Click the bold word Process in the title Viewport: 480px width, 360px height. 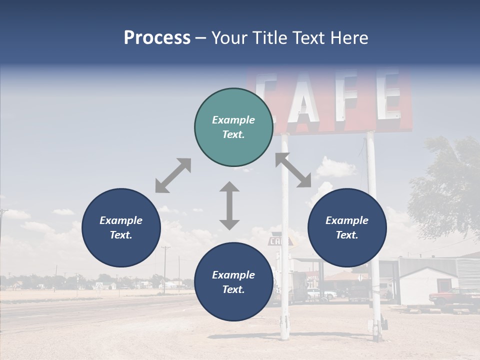tap(157, 38)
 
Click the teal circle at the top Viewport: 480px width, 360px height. tap(233, 127)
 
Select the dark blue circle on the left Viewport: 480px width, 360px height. tap(121, 227)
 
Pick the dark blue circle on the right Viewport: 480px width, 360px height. tap(347, 227)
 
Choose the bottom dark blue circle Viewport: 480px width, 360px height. tap(233, 282)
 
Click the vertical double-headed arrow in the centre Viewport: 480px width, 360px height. tap(229, 205)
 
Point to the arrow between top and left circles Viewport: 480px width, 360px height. tap(173, 175)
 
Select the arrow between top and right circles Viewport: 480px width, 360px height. tap(293, 170)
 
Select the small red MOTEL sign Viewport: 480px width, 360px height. tap(312, 278)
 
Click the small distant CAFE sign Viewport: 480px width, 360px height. tap(275, 241)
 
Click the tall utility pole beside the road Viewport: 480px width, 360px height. tap(165, 270)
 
